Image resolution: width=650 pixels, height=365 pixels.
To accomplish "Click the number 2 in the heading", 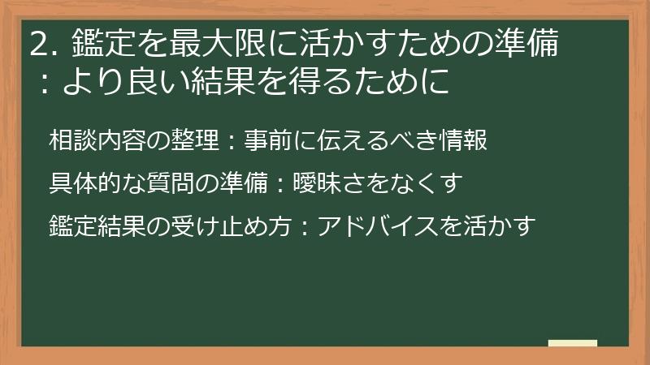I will (38, 44).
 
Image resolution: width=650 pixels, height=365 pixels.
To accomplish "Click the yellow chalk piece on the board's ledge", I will (573, 343).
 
